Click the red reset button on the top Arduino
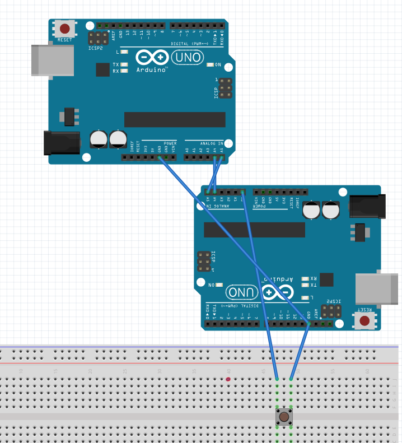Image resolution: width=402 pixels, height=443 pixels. [x=65, y=28]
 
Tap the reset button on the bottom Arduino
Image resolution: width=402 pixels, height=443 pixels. [x=365, y=321]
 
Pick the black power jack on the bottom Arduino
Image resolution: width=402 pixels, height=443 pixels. [x=368, y=206]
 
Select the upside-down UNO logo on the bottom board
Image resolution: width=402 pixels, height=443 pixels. [x=241, y=292]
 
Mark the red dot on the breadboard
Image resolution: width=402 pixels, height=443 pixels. [x=228, y=379]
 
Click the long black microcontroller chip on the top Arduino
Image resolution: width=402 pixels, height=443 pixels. [x=175, y=119]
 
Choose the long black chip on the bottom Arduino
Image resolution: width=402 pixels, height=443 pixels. [x=255, y=230]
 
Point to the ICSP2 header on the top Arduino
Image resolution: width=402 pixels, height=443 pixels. [x=99, y=39]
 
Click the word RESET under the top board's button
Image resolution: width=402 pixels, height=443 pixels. [x=65, y=40]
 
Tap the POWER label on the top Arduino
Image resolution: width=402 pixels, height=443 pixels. [x=170, y=143]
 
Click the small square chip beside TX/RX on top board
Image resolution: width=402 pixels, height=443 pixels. [x=102, y=69]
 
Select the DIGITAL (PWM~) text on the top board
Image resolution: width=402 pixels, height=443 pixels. [x=190, y=43]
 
